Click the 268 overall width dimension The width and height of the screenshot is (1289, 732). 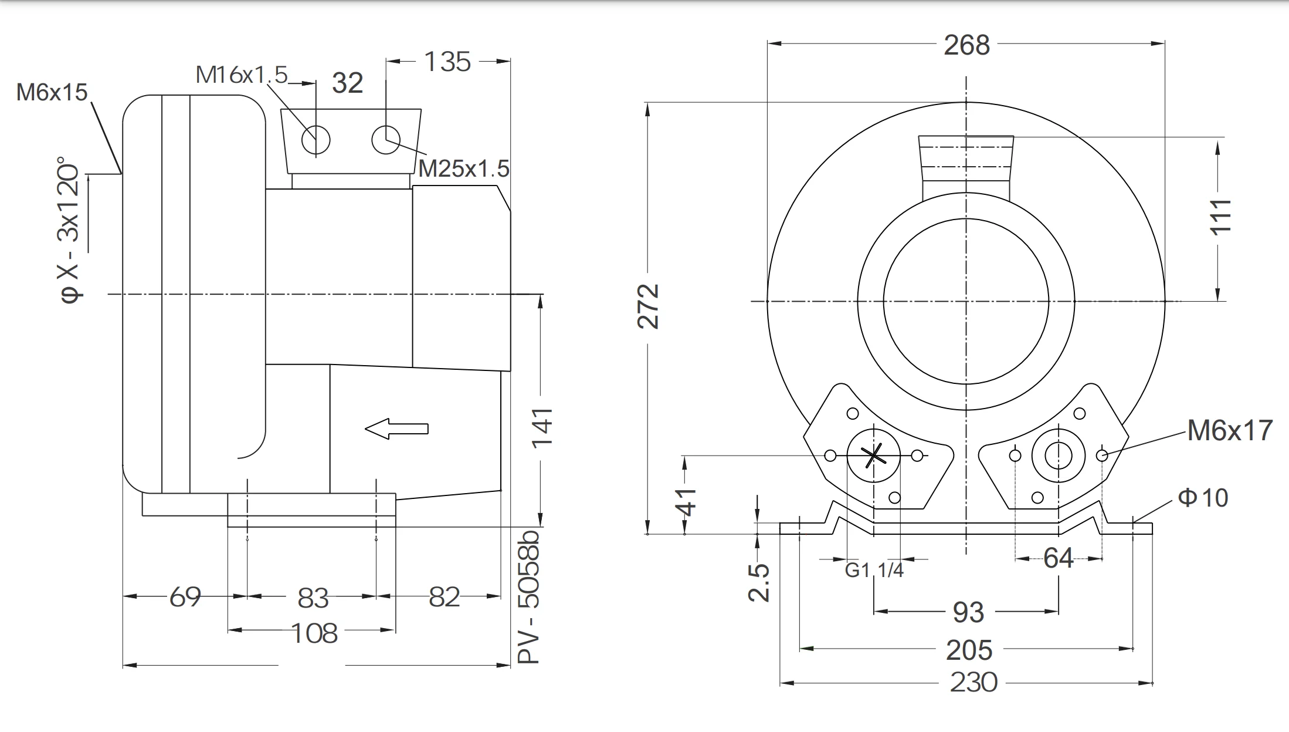(x=966, y=45)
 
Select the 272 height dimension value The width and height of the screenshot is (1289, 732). (x=649, y=306)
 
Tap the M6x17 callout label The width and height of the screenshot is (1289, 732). (x=1230, y=430)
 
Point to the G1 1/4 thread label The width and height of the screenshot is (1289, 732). (x=874, y=569)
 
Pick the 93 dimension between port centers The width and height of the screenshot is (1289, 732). (x=968, y=612)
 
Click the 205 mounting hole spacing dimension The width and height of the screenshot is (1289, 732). (x=969, y=650)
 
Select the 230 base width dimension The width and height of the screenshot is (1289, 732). (x=973, y=683)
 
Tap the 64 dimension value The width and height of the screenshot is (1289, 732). (x=1058, y=558)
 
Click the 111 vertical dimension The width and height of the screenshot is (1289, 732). (x=1220, y=217)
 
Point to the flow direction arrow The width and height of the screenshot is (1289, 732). (x=396, y=429)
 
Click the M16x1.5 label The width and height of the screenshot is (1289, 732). (x=242, y=75)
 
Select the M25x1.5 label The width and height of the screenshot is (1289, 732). (x=463, y=169)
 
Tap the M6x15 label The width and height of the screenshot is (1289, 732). (x=52, y=92)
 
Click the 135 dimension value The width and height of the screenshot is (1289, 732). (x=447, y=62)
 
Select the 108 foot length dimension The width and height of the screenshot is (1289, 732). (x=314, y=633)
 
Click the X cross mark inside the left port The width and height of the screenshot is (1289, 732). (x=874, y=455)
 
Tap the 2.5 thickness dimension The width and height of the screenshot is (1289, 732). (x=759, y=582)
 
